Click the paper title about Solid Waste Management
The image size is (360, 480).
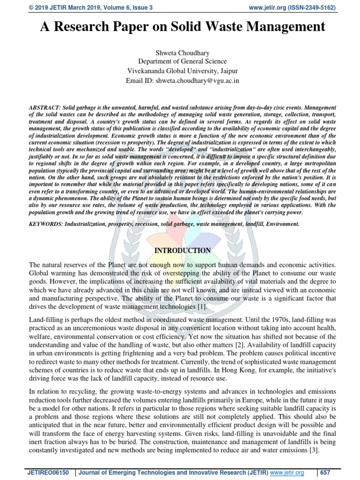pyautogui.click(x=180, y=27)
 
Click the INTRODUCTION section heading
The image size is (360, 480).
pyautogui.click(x=182, y=251)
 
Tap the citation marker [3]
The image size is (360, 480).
pyautogui.click(x=312, y=450)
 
